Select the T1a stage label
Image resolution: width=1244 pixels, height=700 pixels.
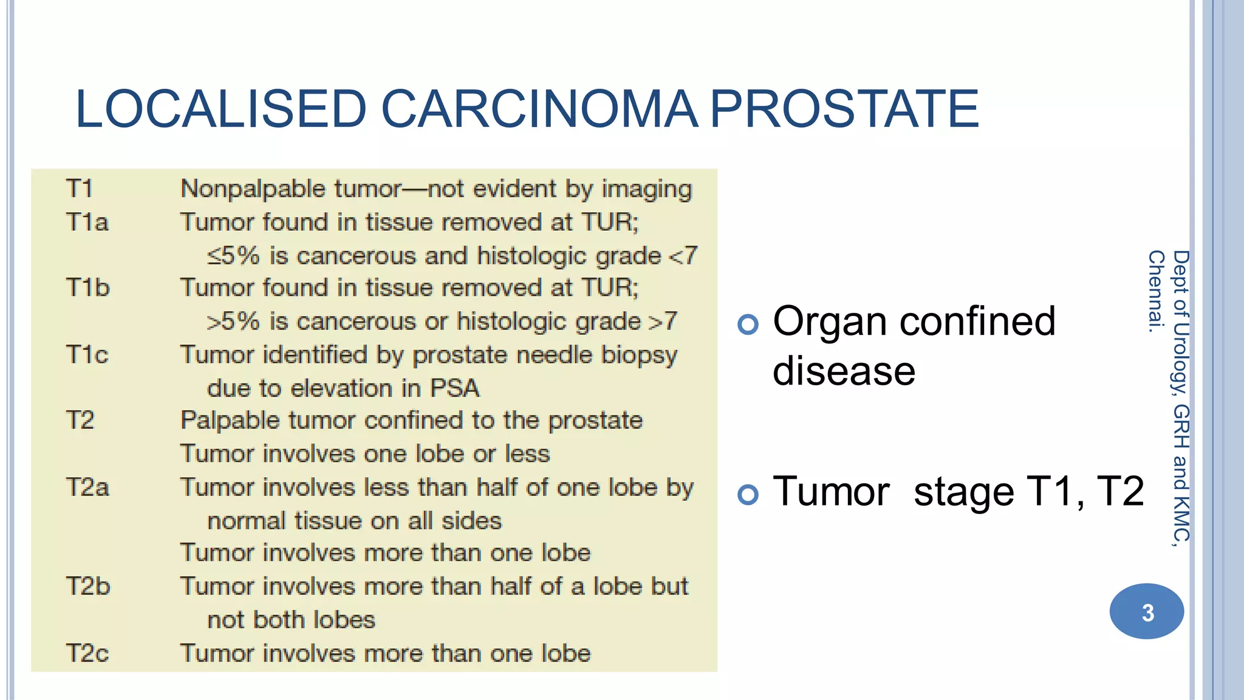[x=87, y=222]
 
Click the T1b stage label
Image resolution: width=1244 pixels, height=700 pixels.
[x=87, y=288]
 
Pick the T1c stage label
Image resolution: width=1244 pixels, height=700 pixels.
[x=87, y=355]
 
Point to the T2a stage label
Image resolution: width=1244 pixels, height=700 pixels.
[x=87, y=488]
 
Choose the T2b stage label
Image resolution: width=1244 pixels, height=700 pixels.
[x=87, y=587]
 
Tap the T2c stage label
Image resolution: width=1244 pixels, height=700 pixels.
[x=87, y=654]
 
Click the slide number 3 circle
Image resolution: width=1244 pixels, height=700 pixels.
[x=1146, y=611]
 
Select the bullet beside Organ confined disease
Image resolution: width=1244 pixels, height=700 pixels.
[x=748, y=324]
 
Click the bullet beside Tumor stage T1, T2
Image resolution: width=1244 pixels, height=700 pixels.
[x=748, y=495]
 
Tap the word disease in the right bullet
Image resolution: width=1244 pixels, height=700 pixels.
[x=844, y=371]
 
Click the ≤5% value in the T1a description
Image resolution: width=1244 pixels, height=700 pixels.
[x=233, y=256]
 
